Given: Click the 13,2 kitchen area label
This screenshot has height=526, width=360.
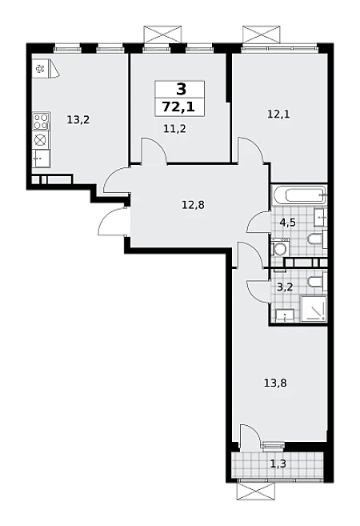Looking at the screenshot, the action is pyautogui.click(x=78, y=120).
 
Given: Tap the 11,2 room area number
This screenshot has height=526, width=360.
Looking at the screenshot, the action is pyautogui.click(x=174, y=128).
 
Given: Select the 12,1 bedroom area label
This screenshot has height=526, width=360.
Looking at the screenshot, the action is pyautogui.click(x=278, y=114).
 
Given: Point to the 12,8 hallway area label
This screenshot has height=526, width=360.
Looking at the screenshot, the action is pyautogui.click(x=193, y=204).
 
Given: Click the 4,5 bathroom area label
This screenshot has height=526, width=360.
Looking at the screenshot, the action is pyautogui.click(x=287, y=222).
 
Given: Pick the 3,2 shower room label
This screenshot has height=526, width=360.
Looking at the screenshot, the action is pyautogui.click(x=285, y=287).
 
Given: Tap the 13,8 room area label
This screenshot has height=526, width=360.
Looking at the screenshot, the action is pyautogui.click(x=275, y=383).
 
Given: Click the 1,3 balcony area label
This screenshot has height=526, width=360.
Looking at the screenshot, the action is pyautogui.click(x=278, y=464).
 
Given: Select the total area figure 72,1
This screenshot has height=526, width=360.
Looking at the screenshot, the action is pyautogui.click(x=179, y=106).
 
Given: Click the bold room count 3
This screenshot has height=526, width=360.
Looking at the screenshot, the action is pyautogui.click(x=180, y=90).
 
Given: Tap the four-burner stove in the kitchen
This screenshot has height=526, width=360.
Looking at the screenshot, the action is pyautogui.click(x=42, y=121).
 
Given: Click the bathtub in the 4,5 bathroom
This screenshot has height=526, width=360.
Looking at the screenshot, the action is pyautogui.click(x=299, y=195).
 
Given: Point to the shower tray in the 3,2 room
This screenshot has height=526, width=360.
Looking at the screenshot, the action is pyautogui.click(x=314, y=308).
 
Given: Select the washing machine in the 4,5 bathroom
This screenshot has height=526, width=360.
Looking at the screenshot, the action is pyautogui.click(x=279, y=247).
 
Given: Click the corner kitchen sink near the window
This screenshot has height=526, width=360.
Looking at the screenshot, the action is pyautogui.click(x=46, y=69).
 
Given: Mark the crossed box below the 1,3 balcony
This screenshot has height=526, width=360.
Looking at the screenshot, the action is pyautogui.click(x=257, y=492).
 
